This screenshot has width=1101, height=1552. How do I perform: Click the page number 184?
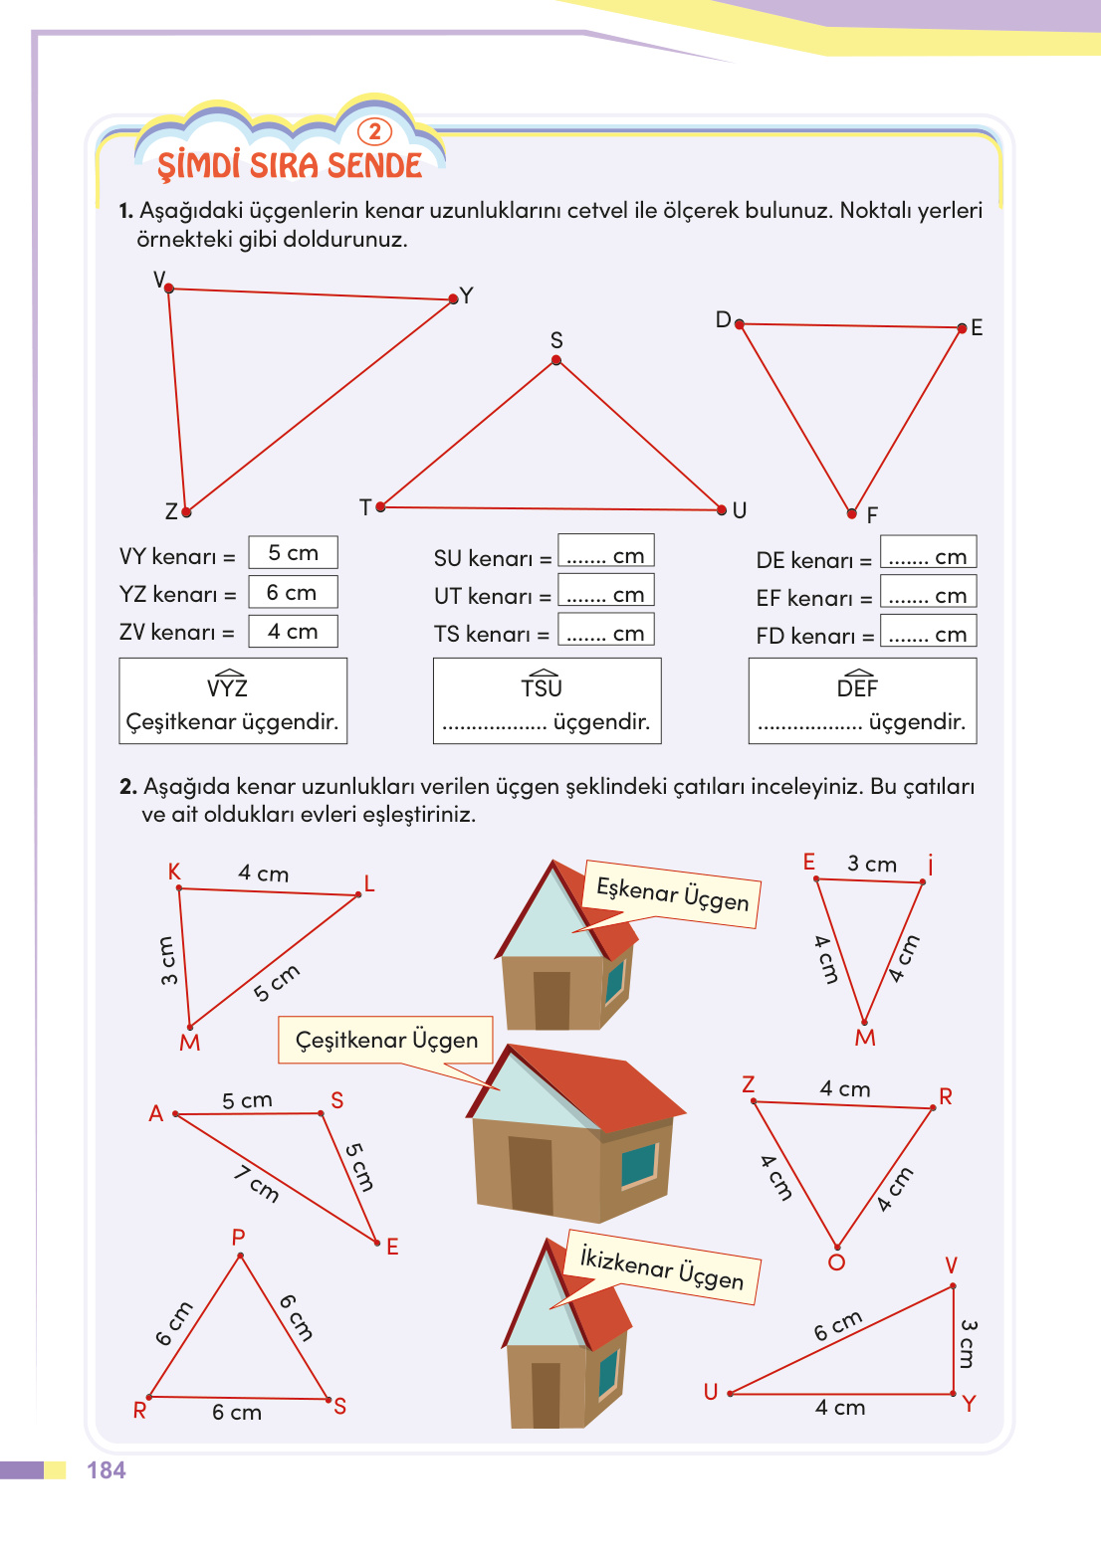click(106, 1470)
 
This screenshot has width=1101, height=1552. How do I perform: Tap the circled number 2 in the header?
click(374, 132)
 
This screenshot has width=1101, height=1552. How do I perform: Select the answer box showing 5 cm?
click(293, 553)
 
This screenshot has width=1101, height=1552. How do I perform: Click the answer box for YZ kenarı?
click(293, 593)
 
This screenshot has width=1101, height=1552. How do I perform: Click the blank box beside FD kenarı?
click(927, 633)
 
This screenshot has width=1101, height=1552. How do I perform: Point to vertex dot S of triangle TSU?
click(556, 360)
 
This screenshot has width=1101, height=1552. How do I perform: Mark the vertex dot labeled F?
click(852, 513)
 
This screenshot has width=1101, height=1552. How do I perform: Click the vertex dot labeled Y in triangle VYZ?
click(454, 298)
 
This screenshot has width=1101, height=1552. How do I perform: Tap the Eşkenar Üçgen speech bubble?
click(673, 893)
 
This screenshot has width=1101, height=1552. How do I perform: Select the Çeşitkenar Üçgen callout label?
click(386, 1040)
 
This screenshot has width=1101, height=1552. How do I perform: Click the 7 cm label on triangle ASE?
click(257, 1183)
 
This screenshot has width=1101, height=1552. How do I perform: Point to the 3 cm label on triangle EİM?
click(872, 864)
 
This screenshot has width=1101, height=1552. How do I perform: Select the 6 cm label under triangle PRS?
click(237, 1413)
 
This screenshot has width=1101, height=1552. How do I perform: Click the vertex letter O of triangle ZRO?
click(836, 1262)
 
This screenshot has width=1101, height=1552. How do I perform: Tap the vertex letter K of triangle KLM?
click(174, 872)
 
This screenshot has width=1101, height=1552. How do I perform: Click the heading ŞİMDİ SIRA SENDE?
click(290, 165)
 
